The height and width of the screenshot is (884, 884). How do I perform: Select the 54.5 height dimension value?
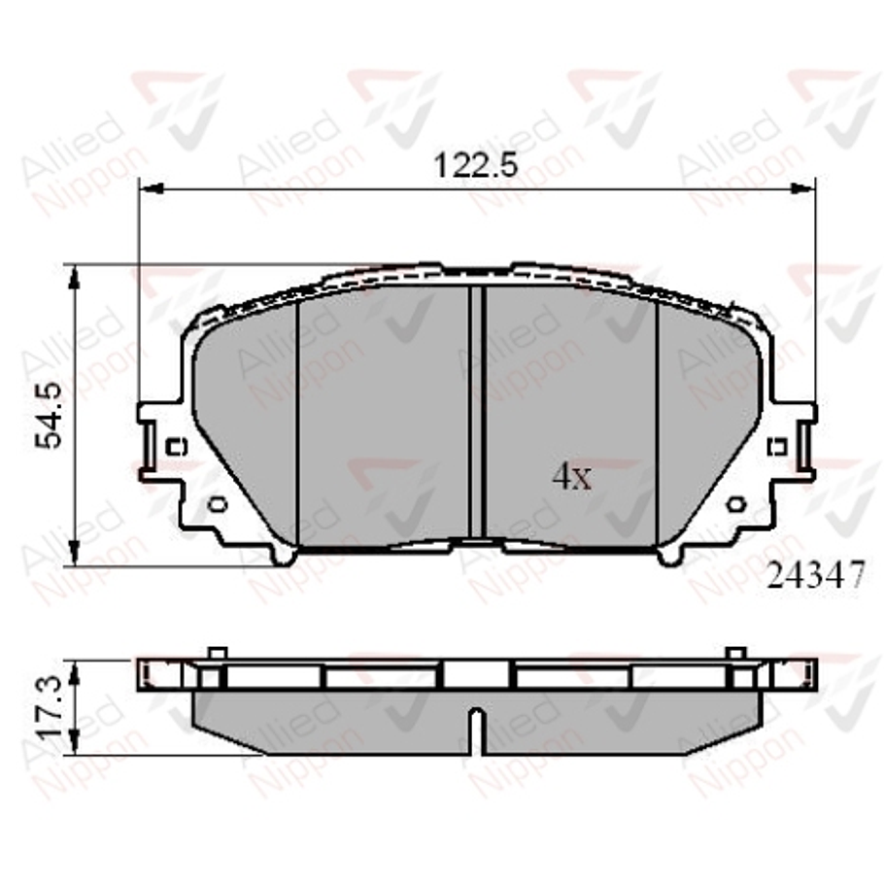click(x=50, y=415)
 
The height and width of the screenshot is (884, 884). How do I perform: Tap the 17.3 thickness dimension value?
click(x=50, y=707)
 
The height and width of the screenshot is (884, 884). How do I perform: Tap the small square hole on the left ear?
click(x=176, y=447)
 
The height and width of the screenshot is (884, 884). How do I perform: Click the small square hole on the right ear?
click(x=776, y=447)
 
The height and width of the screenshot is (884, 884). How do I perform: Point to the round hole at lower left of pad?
click(x=217, y=503)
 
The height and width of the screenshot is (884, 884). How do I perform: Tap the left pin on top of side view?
click(x=218, y=654)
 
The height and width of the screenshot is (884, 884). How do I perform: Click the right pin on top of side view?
click(x=735, y=654)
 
